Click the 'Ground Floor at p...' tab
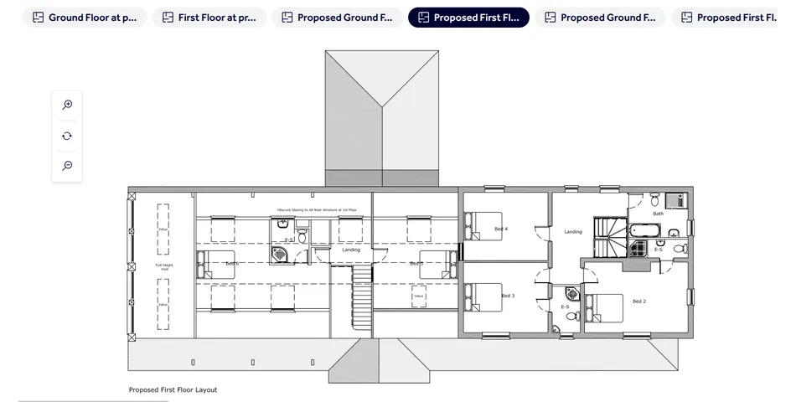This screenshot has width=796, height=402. pyautogui.click(x=85, y=18)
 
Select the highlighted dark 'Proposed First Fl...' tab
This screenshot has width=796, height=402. pyautogui.click(x=468, y=18)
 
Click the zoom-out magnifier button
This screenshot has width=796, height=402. pyautogui.click(x=67, y=166)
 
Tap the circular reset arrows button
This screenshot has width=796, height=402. pyautogui.click(x=67, y=136)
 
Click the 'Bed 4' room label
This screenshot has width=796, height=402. pyautogui.click(x=501, y=229)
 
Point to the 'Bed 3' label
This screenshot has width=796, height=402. pyautogui.click(x=508, y=296)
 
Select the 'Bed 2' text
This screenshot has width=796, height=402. pyautogui.click(x=639, y=301)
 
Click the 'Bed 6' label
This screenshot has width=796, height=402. pyautogui.click(x=232, y=263)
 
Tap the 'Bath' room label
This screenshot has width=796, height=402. pyautogui.click(x=658, y=214)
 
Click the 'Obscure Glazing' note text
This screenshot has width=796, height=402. pyautogui.click(x=317, y=209)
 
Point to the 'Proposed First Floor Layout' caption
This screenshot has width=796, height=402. pyautogui.click(x=173, y=389)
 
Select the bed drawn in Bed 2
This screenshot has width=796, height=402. pyautogui.click(x=605, y=307)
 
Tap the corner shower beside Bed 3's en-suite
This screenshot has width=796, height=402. pyautogui.click(x=572, y=293)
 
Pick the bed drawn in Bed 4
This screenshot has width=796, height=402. pyautogui.click(x=477, y=225)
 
